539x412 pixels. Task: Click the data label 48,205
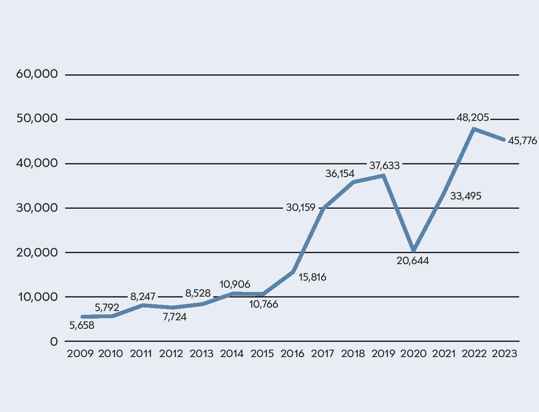click(473, 118)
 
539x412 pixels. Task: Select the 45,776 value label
click(522, 141)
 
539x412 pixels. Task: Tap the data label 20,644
click(412, 261)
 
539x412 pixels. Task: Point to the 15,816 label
click(312, 278)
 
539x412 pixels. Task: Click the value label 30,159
click(301, 207)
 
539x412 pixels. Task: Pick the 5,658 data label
click(82, 325)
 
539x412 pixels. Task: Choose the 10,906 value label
click(235, 284)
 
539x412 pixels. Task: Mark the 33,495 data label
click(465, 196)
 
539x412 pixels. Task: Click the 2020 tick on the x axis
click(413, 354)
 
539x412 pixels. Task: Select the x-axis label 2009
click(80, 354)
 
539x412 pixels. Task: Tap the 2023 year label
click(504, 354)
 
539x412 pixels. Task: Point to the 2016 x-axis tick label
click(292, 354)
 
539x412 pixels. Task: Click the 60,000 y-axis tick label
click(37, 74)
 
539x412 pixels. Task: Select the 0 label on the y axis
click(54, 341)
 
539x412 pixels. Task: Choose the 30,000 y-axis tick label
click(37, 208)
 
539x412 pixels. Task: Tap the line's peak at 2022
click(474, 128)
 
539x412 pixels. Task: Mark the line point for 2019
click(383, 175)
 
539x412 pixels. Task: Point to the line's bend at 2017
click(323, 208)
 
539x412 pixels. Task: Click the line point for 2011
click(142, 305)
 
